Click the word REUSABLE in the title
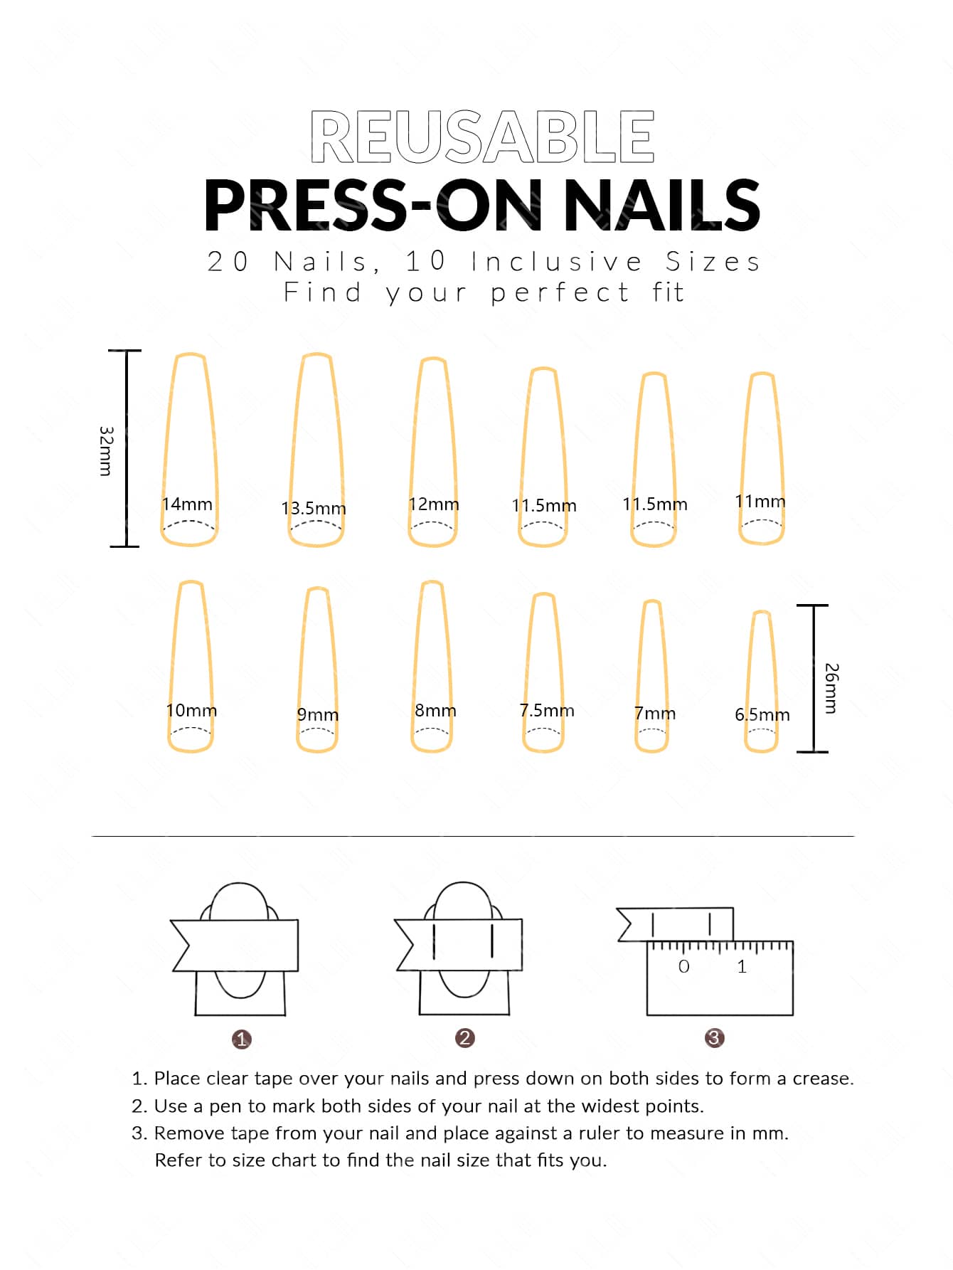[482, 137]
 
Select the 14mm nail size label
[187, 504]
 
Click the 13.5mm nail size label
[314, 508]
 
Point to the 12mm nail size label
[434, 504]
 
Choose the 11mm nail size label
[760, 502]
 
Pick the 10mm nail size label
[191, 710]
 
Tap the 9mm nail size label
[318, 714]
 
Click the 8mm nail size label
[435, 710]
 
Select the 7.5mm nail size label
[547, 710]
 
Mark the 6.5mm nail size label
[762, 714]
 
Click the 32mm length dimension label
[106, 451]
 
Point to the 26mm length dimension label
[831, 688]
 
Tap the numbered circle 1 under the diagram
[242, 1039]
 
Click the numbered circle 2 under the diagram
[464, 1038]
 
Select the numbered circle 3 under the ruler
[714, 1038]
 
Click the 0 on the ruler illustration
[684, 966]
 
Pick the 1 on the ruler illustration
[742, 966]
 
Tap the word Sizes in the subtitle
[713, 262]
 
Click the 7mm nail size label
[655, 713]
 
